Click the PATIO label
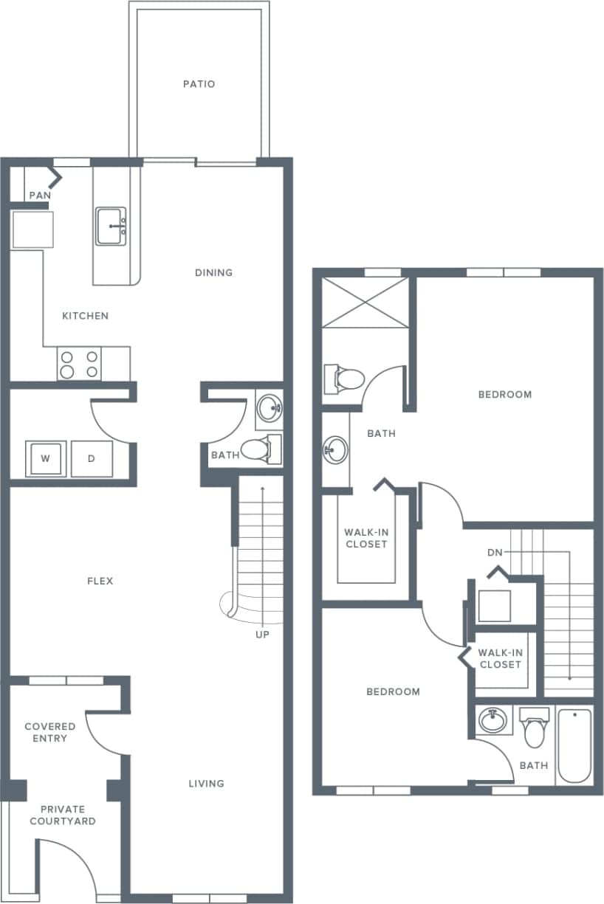(x=199, y=84)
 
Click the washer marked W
(x=46, y=458)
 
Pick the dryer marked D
(x=92, y=458)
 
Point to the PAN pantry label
(x=39, y=196)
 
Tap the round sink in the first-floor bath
(x=270, y=407)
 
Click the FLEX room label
(x=100, y=581)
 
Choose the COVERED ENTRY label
(x=50, y=732)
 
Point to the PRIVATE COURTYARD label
(x=68, y=815)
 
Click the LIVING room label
(x=206, y=783)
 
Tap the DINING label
(x=213, y=272)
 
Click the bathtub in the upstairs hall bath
(x=574, y=745)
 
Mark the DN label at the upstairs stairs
(x=495, y=552)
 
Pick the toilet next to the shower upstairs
(x=345, y=379)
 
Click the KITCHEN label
(x=85, y=316)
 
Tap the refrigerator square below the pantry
(x=32, y=230)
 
